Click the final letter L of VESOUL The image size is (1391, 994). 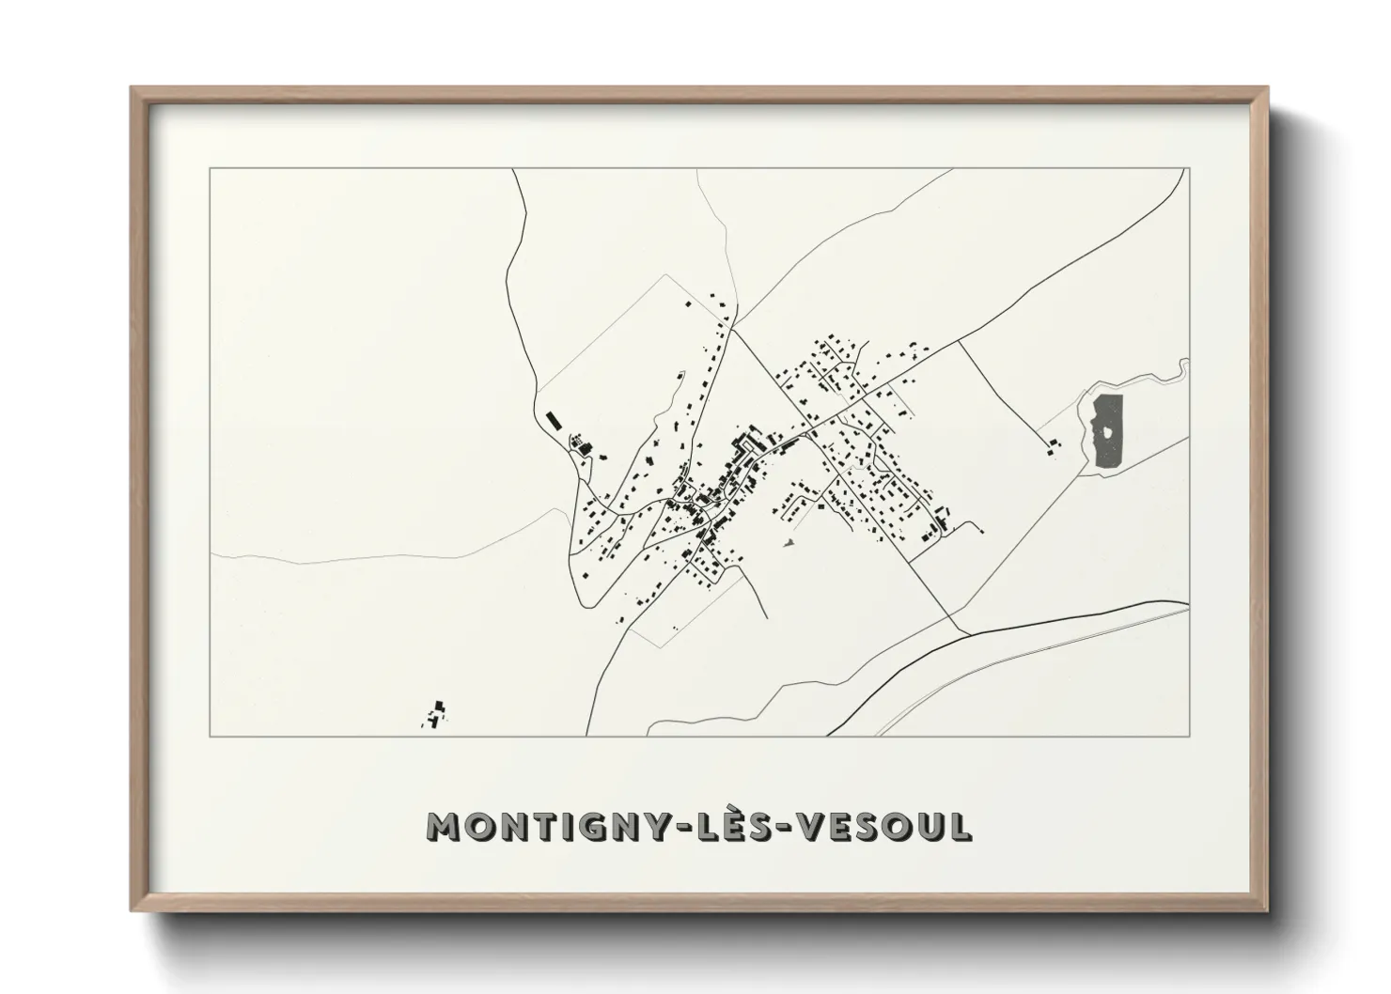point(960,827)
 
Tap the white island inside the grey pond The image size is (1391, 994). point(1109,432)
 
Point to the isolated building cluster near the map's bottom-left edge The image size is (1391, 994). point(435,714)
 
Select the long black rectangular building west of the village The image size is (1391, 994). point(553,418)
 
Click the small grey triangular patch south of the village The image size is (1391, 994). point(789,541)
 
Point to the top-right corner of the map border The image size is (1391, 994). point(1190,169)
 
